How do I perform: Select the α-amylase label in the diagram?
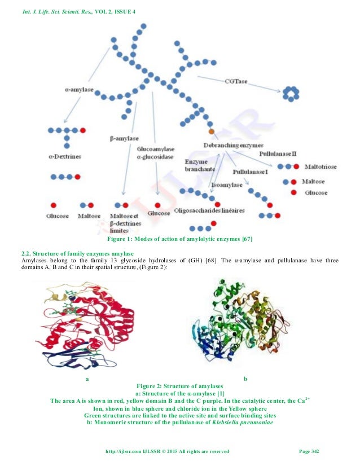click(x=79, y=89)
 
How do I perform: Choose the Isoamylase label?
click(x=227, y=184)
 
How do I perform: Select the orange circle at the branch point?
click(x=212, y=131)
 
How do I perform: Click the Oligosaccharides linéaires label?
click(x=209, y=211)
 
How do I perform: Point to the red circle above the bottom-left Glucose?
click(x=54, y=205)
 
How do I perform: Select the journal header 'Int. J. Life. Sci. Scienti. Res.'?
click(x=55, y=6)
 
